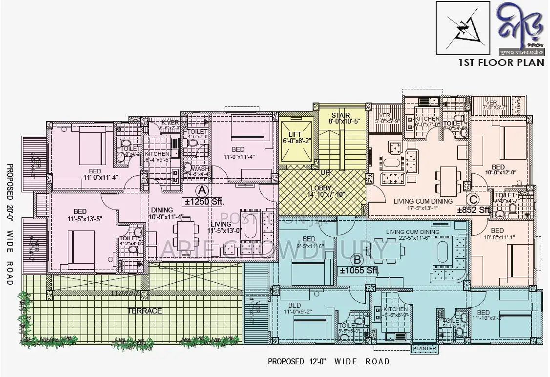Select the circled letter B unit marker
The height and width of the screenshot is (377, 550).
[357, 259]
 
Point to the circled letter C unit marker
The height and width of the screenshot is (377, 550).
[472, 199]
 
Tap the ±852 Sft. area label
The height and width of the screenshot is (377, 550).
[473, 210]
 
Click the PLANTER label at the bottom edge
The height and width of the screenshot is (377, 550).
[423, 349]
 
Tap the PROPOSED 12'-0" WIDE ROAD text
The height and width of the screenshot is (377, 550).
[329, 362]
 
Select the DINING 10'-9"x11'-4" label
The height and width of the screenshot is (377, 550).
[167, 213]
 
